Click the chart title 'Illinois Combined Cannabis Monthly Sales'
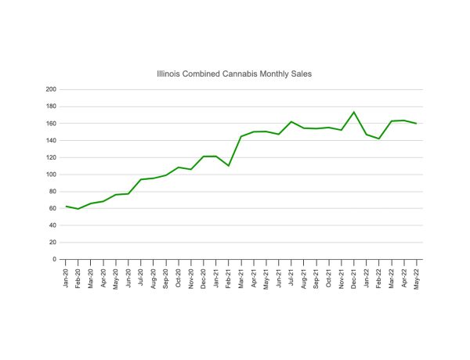tap(235, 74)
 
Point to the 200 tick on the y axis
tap(52, 89)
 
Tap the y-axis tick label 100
tap(52, 175)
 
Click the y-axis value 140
tap(52, 140)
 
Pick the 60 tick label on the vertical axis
tap(53, 208)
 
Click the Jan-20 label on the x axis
tap(66, 275)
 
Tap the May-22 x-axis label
tap(417, 275)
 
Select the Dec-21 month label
tap(354, 275)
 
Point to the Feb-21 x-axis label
tap(229, 275)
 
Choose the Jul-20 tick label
tap(141, 275)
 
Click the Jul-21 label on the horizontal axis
tap(291, 275)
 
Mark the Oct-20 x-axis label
tap(179, 275)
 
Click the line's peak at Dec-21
tap(354, 112)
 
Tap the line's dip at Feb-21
tap(229, 166)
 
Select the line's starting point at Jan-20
tap(66, 206)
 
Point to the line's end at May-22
tap(417, 124)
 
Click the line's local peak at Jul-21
tap(291, 121)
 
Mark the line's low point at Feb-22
tap(379, 139)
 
